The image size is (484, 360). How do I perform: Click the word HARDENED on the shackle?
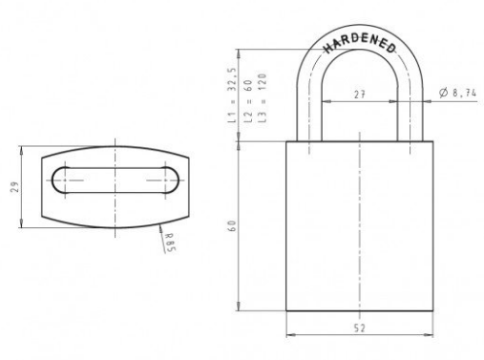click(x=360, y=43)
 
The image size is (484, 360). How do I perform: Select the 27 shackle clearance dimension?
click(x=360, y=95)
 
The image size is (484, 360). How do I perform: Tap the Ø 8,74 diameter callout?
click(x=457, y=93)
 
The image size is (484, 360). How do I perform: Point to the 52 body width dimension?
click(x=359, y=328)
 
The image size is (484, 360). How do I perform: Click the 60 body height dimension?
click(x=232, y=225)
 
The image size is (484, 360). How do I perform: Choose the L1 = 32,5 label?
click(x=232, y=95)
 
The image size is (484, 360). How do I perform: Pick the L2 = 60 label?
click(x=248, y=101)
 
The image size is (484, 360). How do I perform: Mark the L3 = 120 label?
click(x=262, y=98)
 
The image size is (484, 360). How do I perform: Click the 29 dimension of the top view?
click(x=15, y=187)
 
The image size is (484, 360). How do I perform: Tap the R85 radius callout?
click(x=170, y=243)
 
